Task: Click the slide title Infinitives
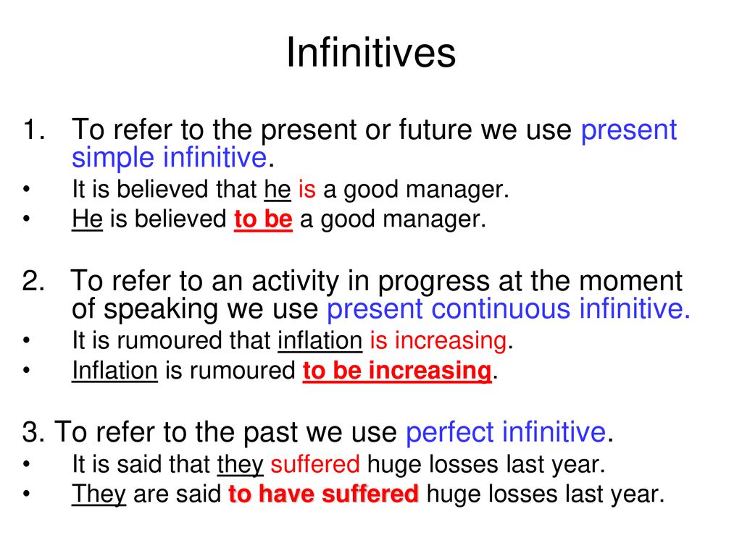(371, 52)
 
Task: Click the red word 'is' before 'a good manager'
(307, 189)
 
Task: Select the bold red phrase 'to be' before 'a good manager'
(263, 219)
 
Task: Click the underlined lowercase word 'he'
(278, 189)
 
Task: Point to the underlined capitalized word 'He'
(87, 219)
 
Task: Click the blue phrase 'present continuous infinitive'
(509, 308)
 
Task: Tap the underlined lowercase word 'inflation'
(320, 340)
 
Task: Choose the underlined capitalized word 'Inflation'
(114, 370)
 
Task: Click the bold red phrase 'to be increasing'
(397, 370)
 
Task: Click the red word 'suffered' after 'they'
(315, 464)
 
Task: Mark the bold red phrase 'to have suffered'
(323, 494)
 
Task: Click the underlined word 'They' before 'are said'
(99, 494)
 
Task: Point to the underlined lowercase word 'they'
(240, 464)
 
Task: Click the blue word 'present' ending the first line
(629, 130)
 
